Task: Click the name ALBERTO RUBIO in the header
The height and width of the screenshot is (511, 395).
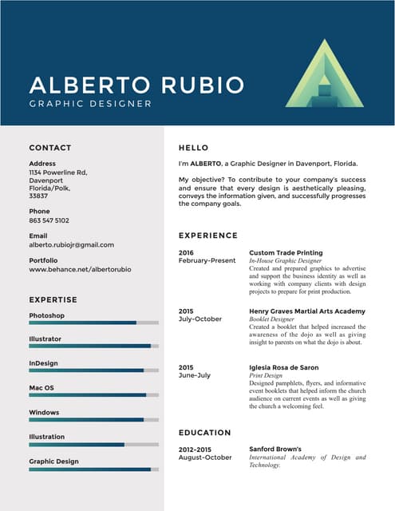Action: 136,85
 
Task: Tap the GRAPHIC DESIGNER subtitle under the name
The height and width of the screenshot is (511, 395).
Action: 90,104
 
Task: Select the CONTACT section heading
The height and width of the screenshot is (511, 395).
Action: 50,148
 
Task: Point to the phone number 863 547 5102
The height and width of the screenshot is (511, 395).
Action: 49,220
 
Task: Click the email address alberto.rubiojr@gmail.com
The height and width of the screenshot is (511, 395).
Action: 71,245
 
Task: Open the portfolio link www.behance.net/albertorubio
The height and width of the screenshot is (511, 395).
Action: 80,270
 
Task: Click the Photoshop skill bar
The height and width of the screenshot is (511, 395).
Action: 93,323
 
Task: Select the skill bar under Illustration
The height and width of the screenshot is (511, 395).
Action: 93,445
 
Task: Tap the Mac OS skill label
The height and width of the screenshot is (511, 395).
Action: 41,388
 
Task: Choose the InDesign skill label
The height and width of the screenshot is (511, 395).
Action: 43,363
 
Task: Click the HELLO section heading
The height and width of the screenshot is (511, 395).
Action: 193,148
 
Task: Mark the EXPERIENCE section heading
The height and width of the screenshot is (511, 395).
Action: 207,236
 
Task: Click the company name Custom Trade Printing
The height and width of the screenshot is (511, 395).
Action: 286,253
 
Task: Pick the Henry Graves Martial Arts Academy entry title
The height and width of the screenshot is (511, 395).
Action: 307,311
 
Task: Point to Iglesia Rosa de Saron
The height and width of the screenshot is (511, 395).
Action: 283,367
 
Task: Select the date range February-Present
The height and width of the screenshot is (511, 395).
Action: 207,261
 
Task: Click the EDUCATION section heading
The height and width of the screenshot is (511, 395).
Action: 204,433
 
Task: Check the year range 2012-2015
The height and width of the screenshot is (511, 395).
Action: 196,450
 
